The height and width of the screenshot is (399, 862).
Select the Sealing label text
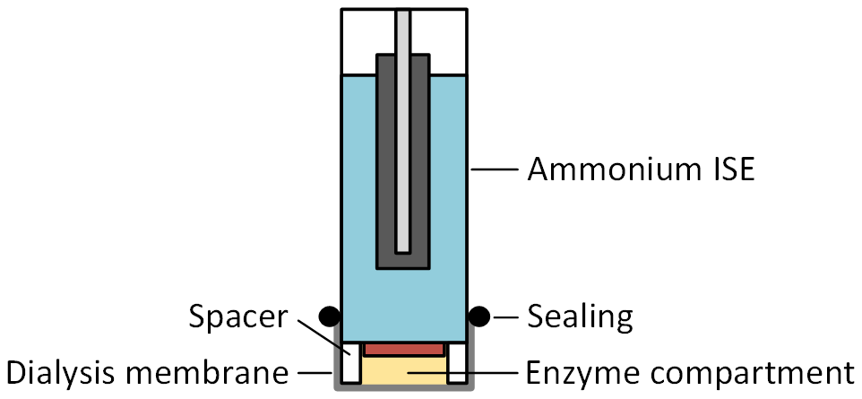(x=580, y=316)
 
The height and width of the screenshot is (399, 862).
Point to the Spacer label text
(x=239, y=316)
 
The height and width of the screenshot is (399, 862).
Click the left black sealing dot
(x=329, y=316)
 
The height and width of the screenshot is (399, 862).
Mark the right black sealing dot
(x=479, y=316)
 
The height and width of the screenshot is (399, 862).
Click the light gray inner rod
(x=402, y=126)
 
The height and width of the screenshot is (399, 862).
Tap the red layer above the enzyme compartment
(x=403, y=347)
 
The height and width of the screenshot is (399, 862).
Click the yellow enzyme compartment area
(x=403, y=369)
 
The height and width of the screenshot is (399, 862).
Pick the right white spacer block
(x=457, y=364)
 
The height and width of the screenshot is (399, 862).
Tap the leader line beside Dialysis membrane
(x=318, y=370)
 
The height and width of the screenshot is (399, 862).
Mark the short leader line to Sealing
(x=504, y=316)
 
